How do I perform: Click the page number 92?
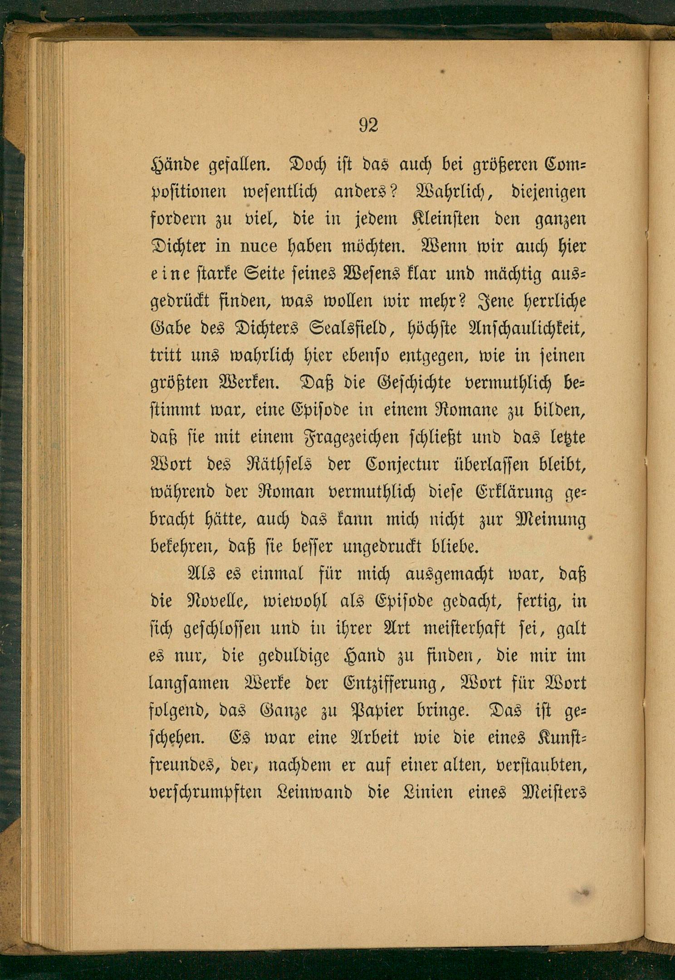368,125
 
